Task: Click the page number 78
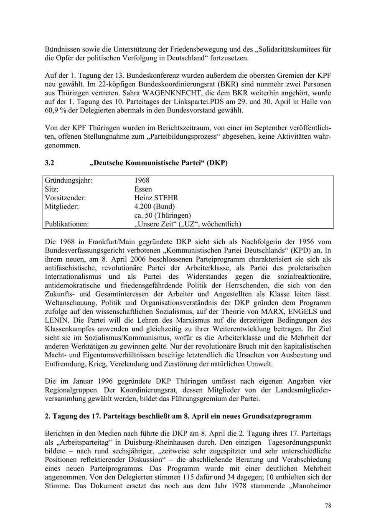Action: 328,506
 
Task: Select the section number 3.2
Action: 49,163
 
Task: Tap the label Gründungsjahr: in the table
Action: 69,181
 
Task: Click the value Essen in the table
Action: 143,189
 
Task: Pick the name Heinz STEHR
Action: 156,198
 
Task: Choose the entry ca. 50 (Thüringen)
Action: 163,215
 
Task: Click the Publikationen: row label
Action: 67,224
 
